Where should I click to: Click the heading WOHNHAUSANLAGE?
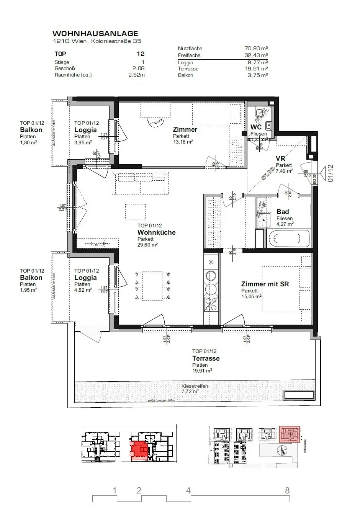click(x=95, y=34)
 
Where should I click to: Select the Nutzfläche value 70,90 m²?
click(x=256, y=49)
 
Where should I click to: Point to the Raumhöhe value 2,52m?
click(x=136, y=75)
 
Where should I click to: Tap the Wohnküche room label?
click(x=156, y=232)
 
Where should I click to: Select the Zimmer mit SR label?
click(x=265, y=284)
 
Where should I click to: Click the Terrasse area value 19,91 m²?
click(x=202, y=371)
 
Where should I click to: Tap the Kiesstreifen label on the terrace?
click(x=195, y=386)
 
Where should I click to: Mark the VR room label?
click(x=280, y=158)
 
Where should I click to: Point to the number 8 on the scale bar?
click(x=287, y=490)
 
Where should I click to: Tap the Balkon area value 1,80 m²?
click(x=28, y=143)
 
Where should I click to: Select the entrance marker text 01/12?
click(x=331, y=173)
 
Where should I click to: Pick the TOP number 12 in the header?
click(x=140, y=54)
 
